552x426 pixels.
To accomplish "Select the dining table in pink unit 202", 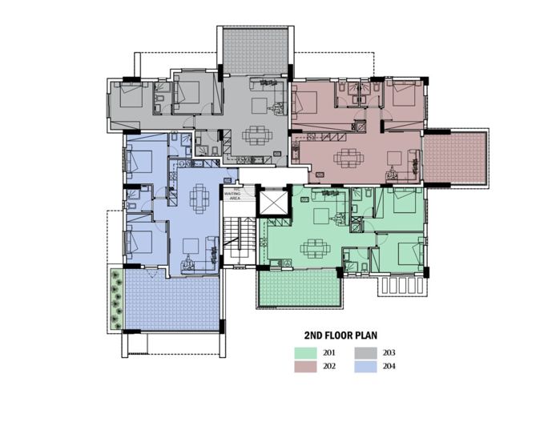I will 346,157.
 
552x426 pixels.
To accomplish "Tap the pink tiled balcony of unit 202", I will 455,156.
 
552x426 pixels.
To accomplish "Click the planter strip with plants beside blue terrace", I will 117,298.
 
